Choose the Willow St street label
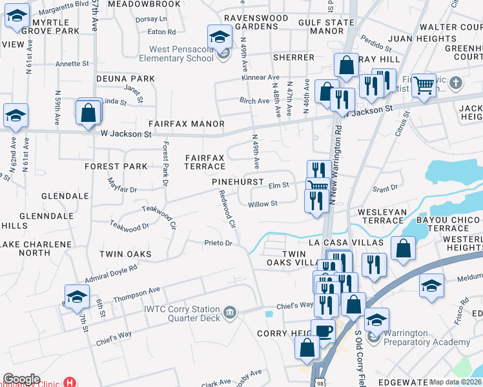(x=262, y=204)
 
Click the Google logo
(x=21, y=379)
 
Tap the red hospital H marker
(x=69, y=382)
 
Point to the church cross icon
(x=456, y=82)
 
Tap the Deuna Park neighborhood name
(x=125, y=79)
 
